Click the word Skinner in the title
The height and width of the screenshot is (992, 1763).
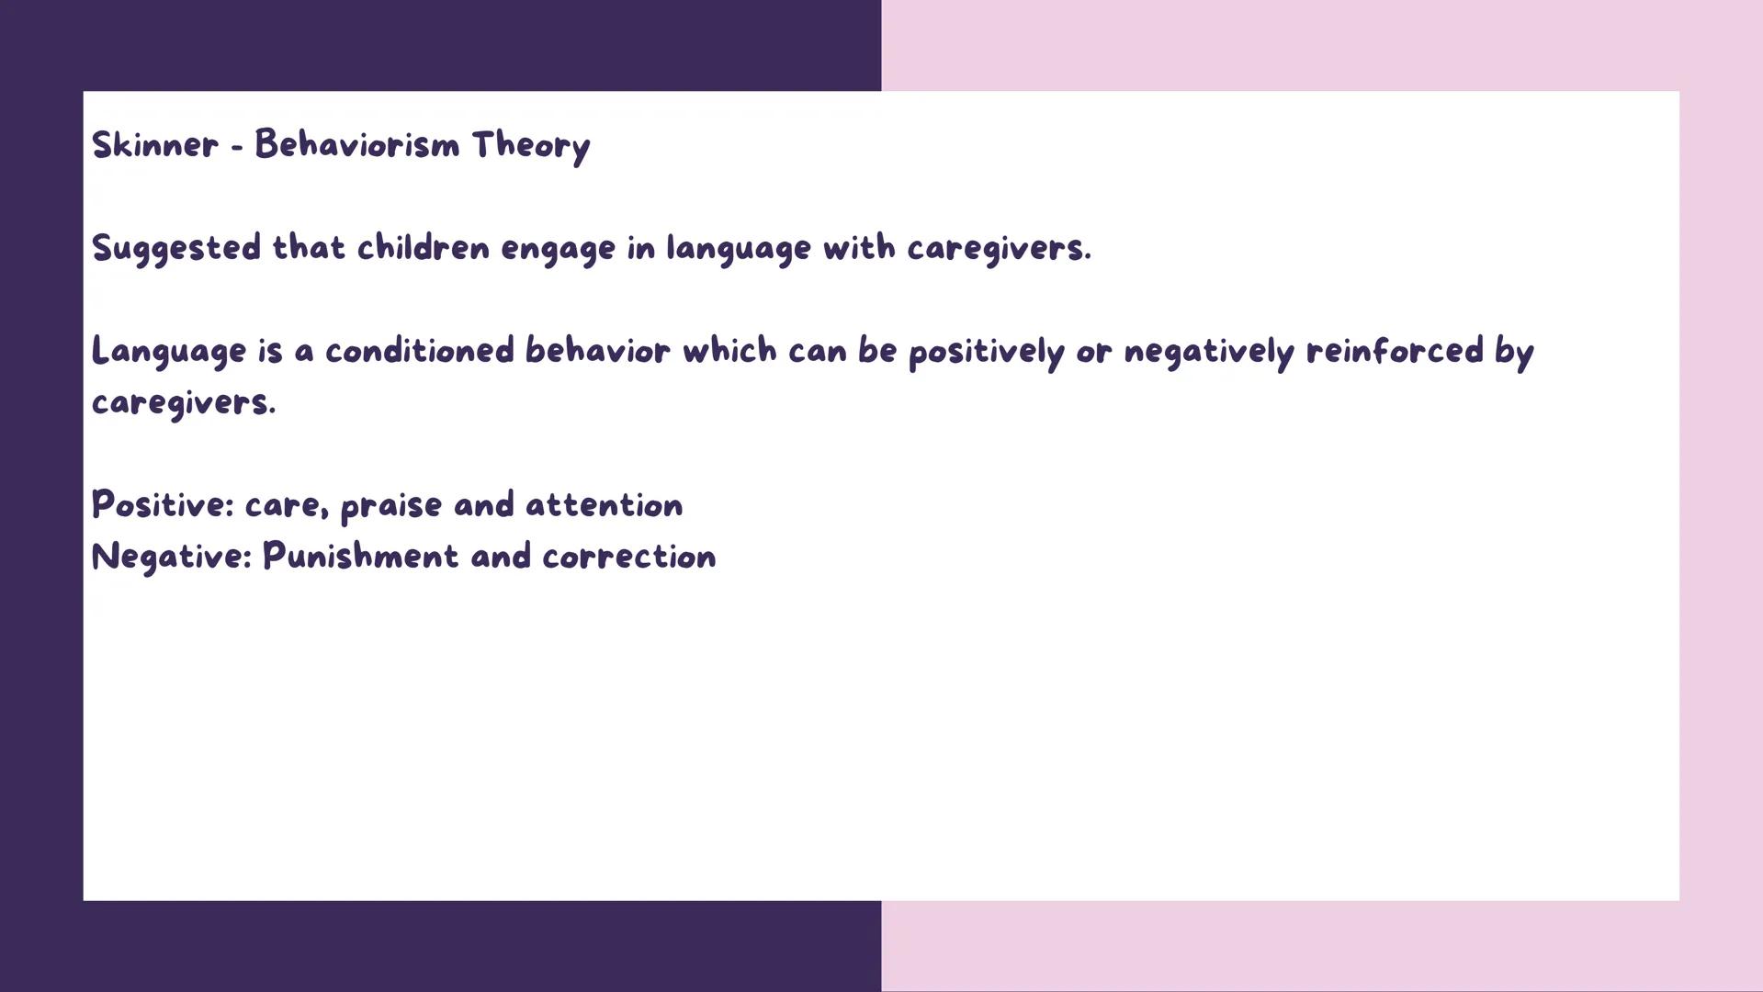click(x=155, y=145)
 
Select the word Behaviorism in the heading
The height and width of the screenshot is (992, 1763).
click(x=356, y=145)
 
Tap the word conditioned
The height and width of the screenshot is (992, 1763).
click(x=419, y=351)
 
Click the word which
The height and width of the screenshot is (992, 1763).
click(x=729, y=351)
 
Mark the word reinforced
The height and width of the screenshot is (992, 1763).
click(x=1395, y=351)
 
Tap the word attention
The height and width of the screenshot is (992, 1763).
click(x=604, y=505)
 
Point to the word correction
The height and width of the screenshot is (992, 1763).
click(x=628, y=558)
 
